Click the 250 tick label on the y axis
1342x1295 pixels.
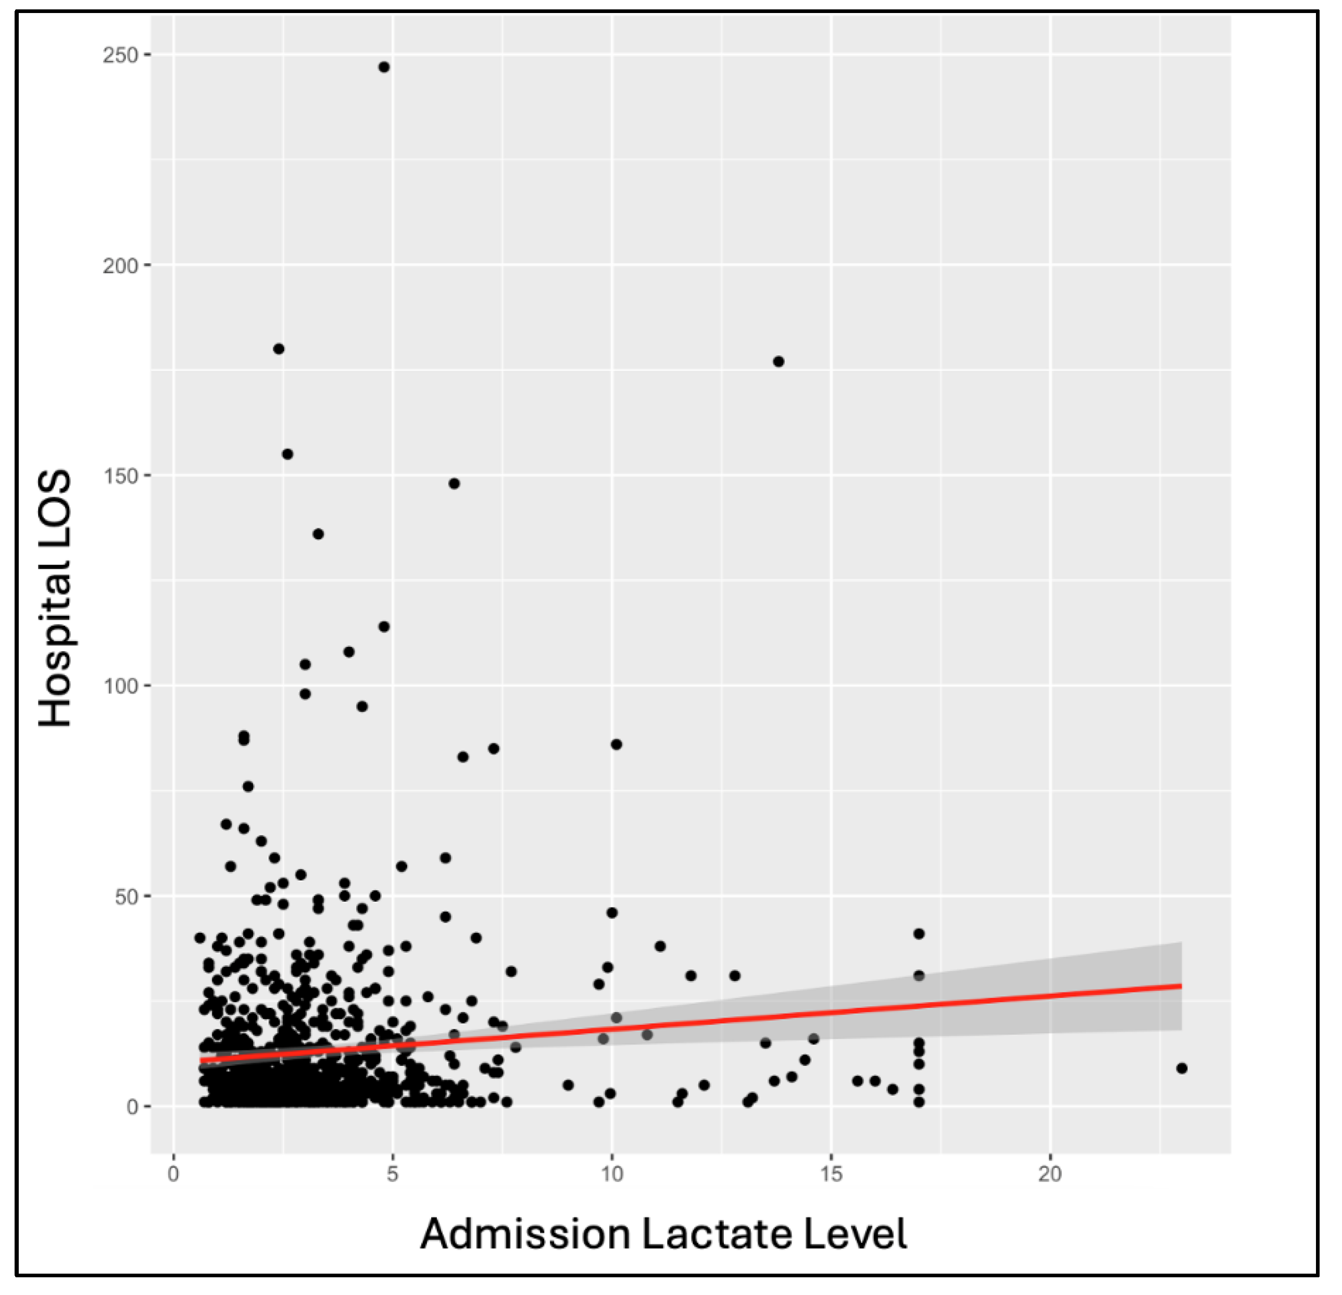[x=120, y=55]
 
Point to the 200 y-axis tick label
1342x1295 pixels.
[x=120, y=265]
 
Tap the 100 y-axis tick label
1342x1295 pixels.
[x=120, y=686]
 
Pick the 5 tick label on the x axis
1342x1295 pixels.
[x=392, y=1193]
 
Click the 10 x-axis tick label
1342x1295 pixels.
[x=611, y=1193]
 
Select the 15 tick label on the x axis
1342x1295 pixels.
[x=831, y=1193]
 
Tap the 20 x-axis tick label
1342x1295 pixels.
[x=1050, y=1193]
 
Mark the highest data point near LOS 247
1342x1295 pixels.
[x=384, y=67]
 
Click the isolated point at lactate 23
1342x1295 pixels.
[x=1182, y=1068]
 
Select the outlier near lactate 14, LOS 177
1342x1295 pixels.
[x=779, y=362]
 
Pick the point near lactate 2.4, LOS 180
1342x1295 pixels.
[x=279, y=349]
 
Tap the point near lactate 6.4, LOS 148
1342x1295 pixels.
[x=454, y=483]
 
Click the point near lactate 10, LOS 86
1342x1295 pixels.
[x=616, y=744]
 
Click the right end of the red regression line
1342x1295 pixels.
[x=1181, y=986]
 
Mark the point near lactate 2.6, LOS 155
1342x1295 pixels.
[x=287, y=454]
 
